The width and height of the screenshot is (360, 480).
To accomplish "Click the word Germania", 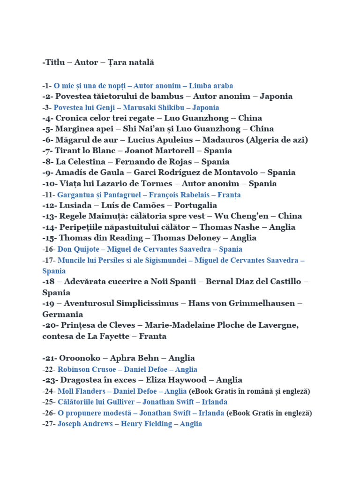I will point(62,314).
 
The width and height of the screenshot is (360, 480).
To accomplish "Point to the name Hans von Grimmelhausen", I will point(243,303).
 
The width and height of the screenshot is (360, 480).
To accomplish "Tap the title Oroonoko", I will point(80,358).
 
